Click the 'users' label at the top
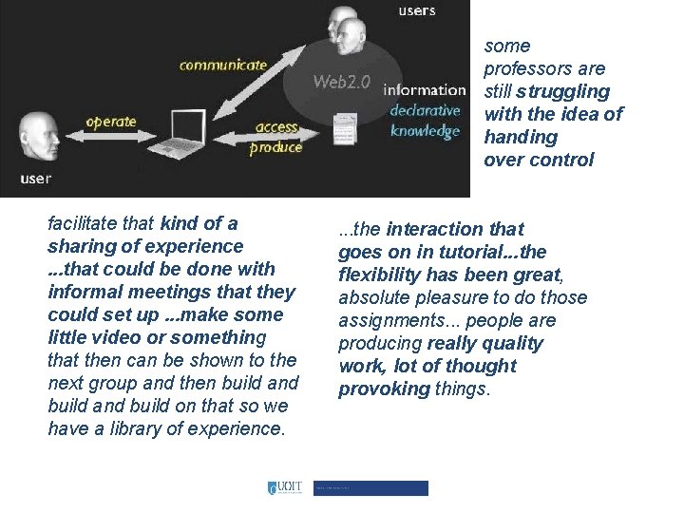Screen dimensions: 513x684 tap(416, 11)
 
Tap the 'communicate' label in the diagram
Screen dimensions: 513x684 tap(223, 66)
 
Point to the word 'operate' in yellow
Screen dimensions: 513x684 tap(111, 122)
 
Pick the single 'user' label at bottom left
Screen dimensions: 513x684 tap(35, 178)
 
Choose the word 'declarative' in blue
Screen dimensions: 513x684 tap(425, 110)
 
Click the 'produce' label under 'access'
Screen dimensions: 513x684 tap(275, 147)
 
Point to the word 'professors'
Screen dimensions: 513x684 tap(544, 68)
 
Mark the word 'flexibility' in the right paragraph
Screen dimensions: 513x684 tap(383, 275)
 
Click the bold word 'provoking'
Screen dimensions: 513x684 tap(384, 389)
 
